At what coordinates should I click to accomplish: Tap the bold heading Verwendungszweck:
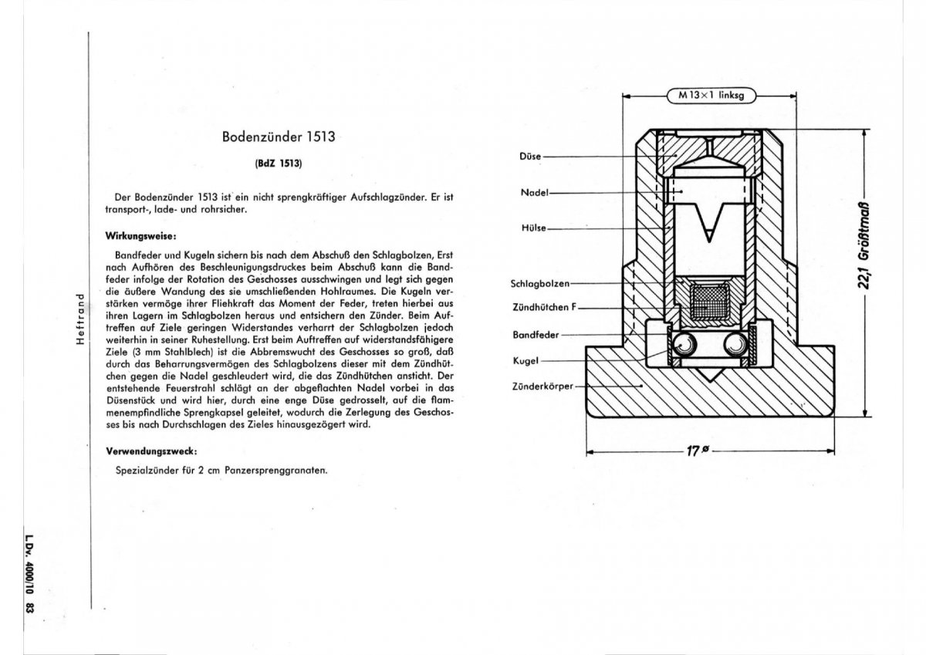click(x=152, y=450)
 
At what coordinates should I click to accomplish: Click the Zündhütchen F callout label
click(x=543, y=307)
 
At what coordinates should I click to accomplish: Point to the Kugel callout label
click(x=525, y=360)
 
